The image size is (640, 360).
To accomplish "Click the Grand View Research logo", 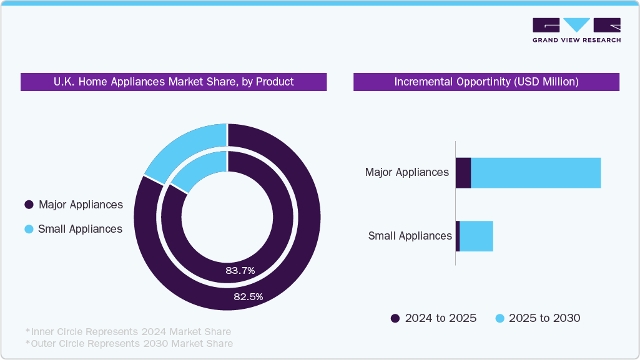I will [576, 30].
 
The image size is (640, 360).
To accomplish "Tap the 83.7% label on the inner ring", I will [240, 270].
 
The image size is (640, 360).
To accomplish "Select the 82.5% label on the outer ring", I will [249, 297].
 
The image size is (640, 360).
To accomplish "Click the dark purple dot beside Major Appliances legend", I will [29, 205].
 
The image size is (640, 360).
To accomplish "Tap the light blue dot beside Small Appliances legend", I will [29, 229].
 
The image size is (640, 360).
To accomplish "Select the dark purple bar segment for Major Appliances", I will [463, 173].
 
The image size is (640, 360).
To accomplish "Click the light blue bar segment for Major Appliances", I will [536, 173].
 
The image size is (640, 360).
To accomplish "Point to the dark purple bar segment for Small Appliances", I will [458, 236].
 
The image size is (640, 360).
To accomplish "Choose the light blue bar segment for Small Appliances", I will [476, 236].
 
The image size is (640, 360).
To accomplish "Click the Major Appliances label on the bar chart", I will [406, 172].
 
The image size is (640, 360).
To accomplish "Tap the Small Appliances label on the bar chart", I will [410, 236].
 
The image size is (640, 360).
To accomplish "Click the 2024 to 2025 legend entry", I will [433, 318].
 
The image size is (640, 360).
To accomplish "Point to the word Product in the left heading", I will [274, 82].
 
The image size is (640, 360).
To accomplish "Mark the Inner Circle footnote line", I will [128, 331].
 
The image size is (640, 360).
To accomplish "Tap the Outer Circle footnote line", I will [129, 343].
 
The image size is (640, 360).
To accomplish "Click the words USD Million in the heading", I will [549, 82].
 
